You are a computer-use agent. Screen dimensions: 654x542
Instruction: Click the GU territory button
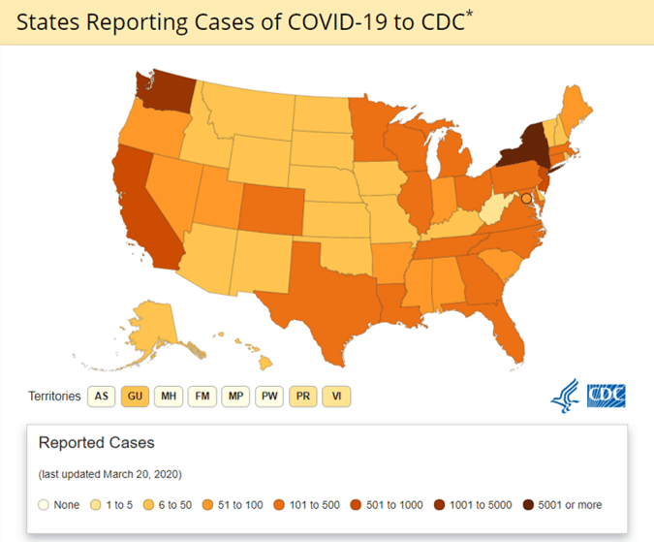(135, 396)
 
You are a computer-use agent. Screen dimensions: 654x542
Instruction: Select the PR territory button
(303, 396)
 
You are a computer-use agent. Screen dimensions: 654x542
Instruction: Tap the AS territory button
(102, 396)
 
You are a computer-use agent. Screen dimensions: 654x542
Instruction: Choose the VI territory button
(336, 396)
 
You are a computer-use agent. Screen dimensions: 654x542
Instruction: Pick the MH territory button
(169, 396)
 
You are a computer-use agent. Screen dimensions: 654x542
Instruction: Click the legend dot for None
(44, 505)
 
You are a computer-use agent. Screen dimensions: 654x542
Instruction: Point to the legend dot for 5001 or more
(528, 505)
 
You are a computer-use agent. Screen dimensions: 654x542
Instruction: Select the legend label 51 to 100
(240, 505)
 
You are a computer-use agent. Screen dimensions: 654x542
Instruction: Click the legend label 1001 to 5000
(481, 505)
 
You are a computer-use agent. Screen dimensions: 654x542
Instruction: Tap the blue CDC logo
(606, 396)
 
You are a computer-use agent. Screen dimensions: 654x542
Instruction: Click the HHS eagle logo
(565, 396)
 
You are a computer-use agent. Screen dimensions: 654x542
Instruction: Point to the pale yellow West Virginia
(494, 208)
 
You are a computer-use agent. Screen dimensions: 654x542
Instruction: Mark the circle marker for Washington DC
(527, 199)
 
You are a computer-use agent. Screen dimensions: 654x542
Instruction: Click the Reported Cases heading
(96, 442)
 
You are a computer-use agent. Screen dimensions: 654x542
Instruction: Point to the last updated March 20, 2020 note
(110, 474)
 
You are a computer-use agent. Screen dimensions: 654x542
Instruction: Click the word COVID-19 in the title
(337, 22)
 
